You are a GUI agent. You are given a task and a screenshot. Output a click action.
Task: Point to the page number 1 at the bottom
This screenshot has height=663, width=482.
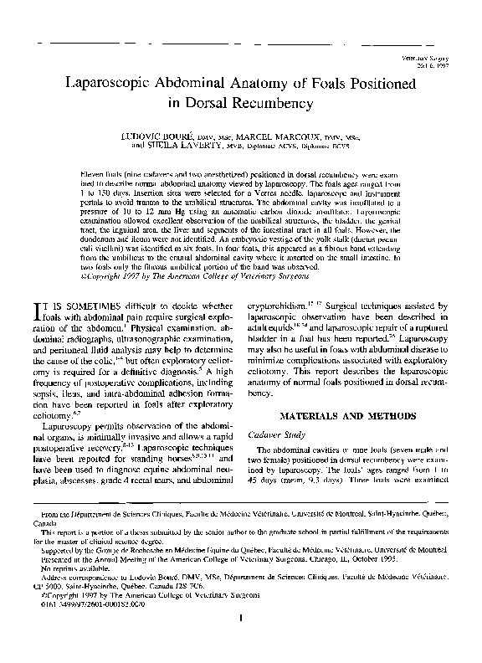(240, 642)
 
